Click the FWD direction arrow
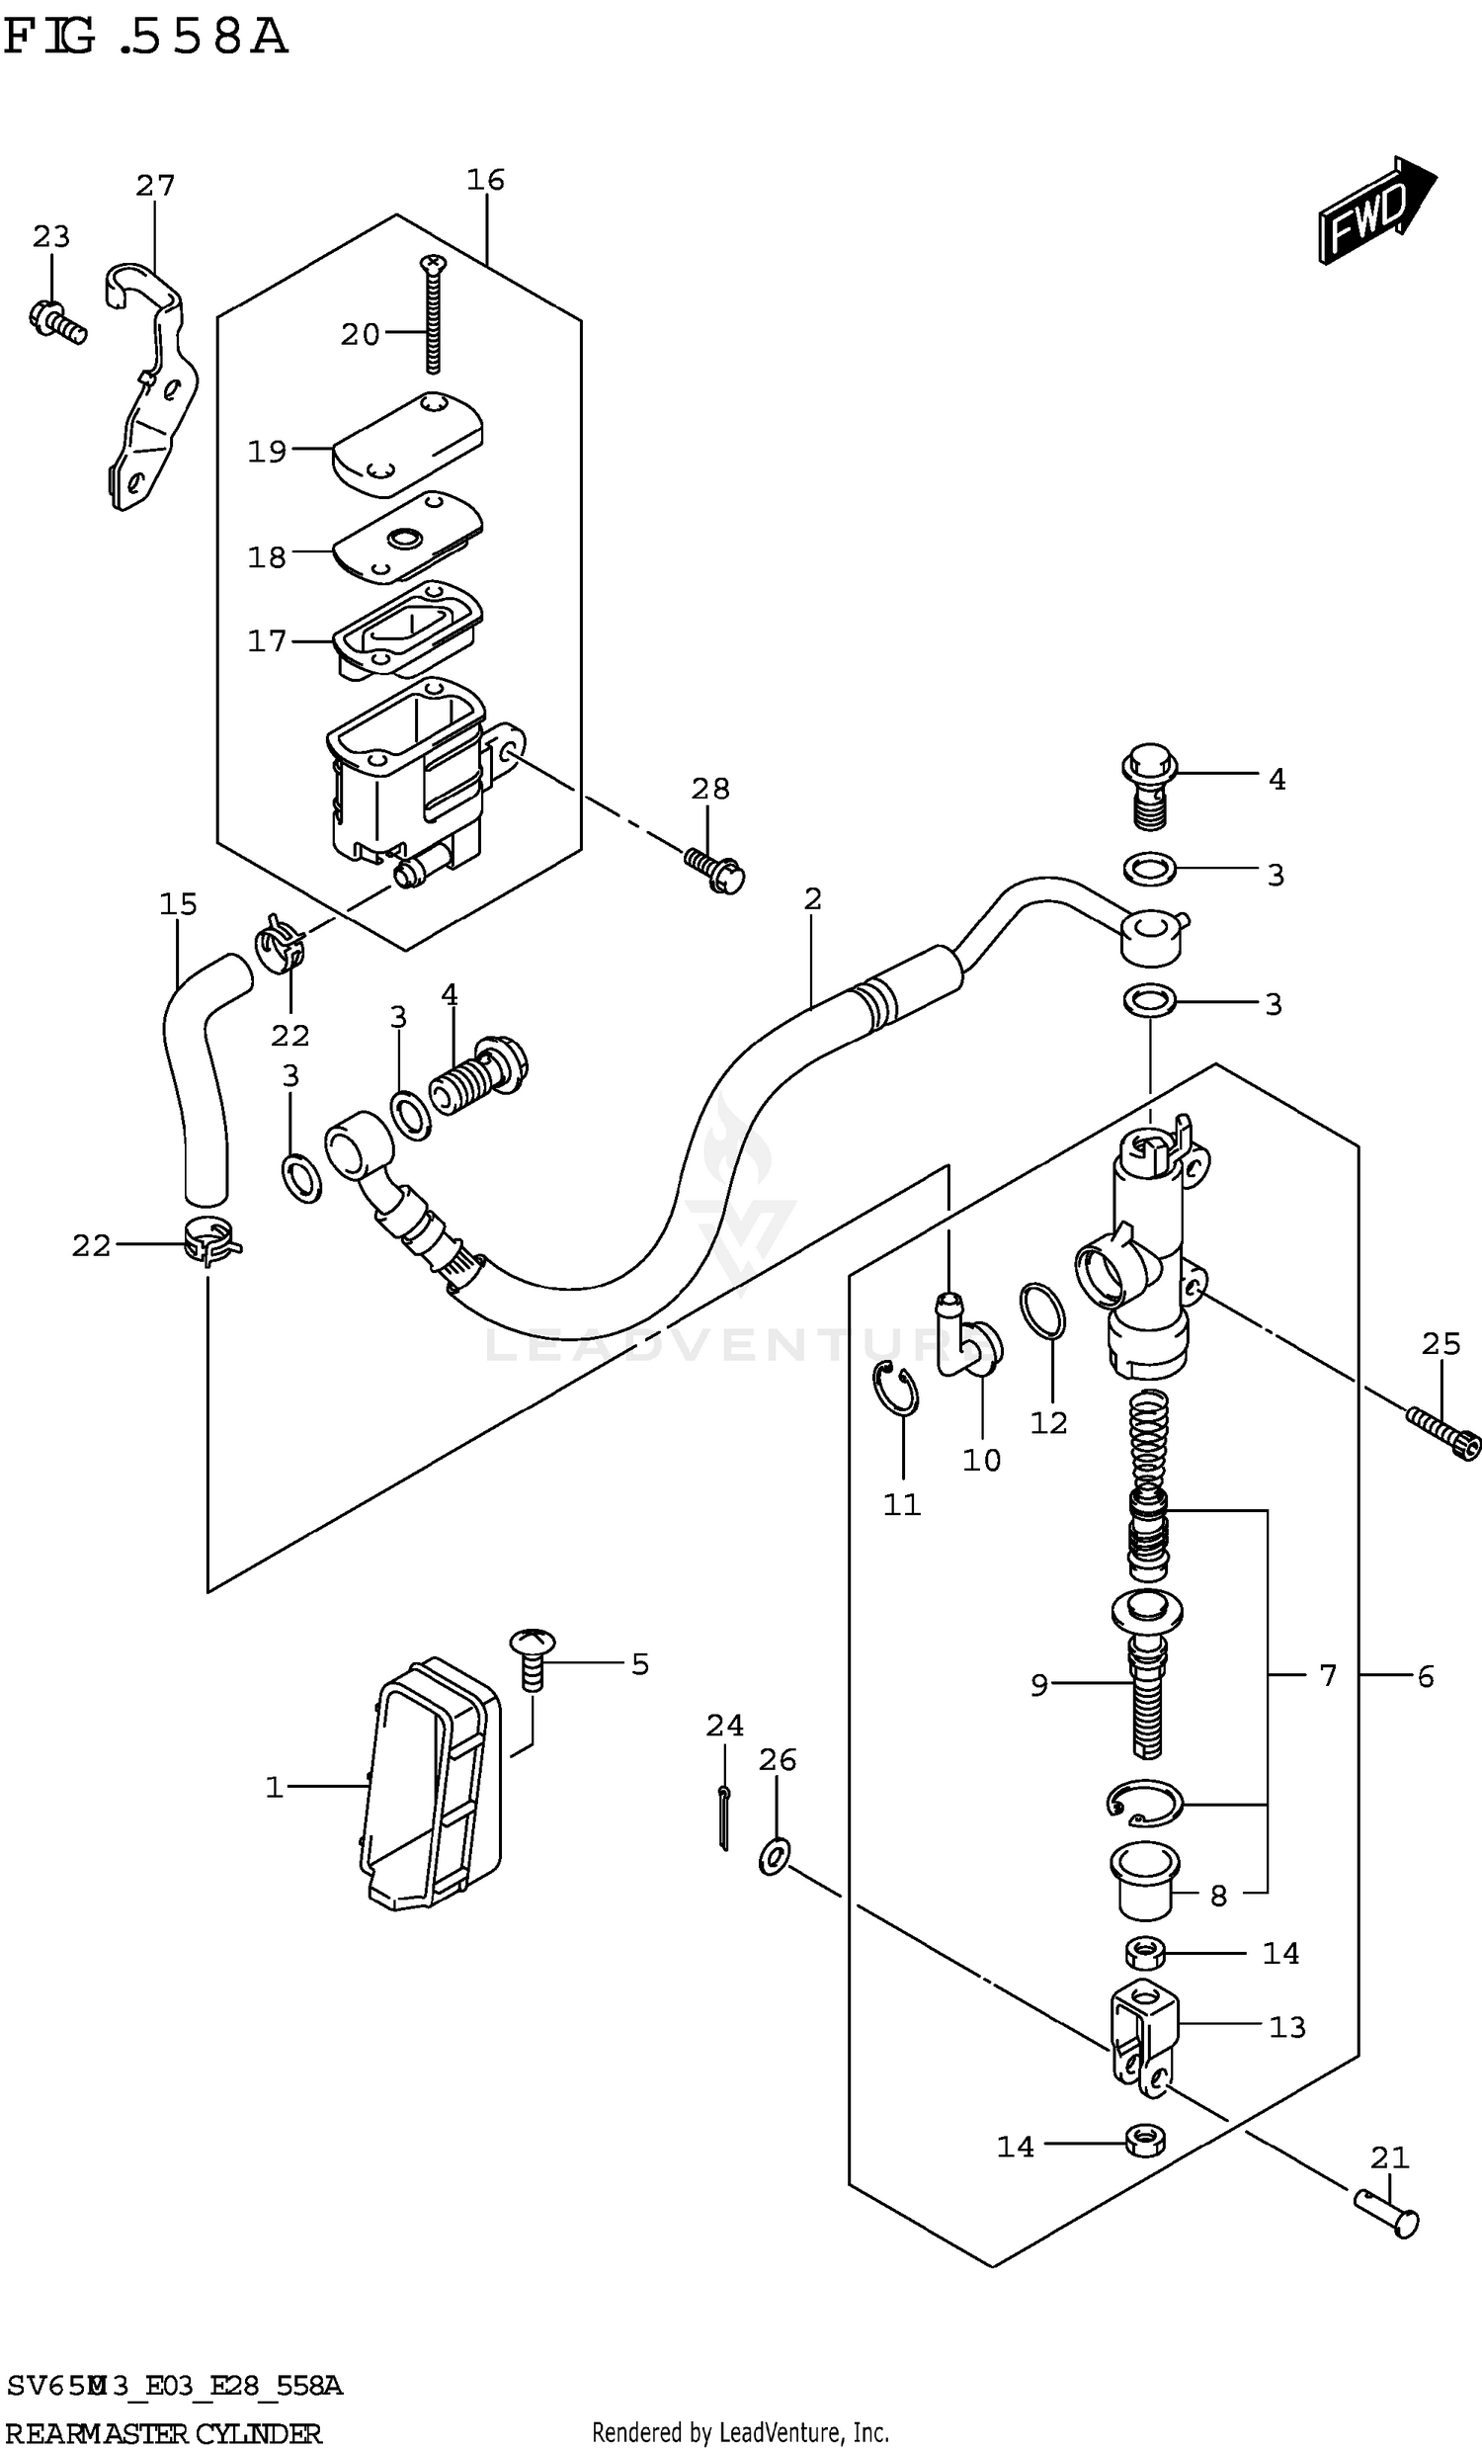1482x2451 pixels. [x=1376, y=210]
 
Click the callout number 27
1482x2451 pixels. [x=155, y=186]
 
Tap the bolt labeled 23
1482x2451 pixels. [x=57, y=320]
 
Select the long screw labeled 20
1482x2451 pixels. [x=434, y=313]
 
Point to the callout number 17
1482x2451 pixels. [x=267, y=641]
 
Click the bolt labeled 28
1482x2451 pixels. [x=716, y=868]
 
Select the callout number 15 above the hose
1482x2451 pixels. [x=178, y=904]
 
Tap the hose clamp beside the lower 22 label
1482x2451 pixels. [x=210, y=1244]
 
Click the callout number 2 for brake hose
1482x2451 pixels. [x=812, y=899]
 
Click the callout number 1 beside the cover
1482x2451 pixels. [x=275, y=1788]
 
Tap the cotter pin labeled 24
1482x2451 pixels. [x=723, y=1817]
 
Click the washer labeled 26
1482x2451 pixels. [x=775, y=1856]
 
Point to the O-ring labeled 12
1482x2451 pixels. [x=1042, y=1310]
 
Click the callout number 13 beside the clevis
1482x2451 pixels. [x=1286, y=2027]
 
